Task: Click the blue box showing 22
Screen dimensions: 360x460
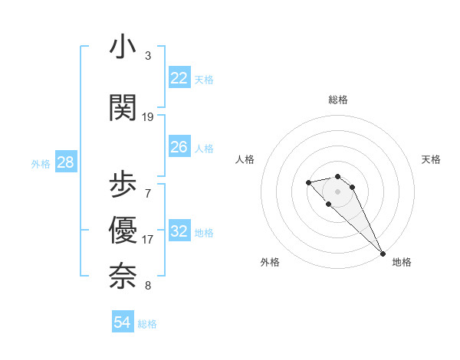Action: (179, 78)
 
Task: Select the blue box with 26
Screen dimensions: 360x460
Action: (179, 147)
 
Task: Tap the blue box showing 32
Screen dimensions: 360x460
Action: (179, 231)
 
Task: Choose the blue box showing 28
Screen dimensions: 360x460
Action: (65, 162)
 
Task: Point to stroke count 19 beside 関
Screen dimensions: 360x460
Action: (148, 116)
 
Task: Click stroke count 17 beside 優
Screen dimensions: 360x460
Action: (148, 239)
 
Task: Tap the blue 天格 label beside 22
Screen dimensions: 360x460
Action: (204, 79)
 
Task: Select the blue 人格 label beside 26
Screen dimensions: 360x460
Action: (204, 148)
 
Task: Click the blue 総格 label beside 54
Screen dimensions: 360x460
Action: (147, 324)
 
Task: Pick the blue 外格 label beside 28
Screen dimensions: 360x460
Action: (41, 163)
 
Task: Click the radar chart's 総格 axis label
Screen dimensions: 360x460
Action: (338, 100)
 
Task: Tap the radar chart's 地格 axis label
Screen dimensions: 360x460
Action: (402, 262)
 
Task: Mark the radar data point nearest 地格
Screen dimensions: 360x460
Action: (383, 254)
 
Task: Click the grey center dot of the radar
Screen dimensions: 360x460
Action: (338, 191)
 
